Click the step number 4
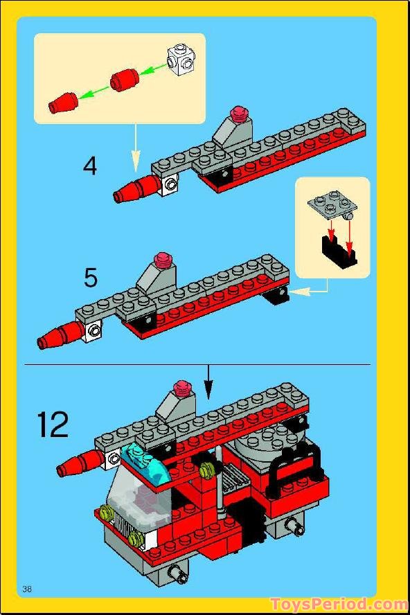tap(90, 166)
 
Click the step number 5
tap(90, 277)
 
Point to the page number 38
tap(28, 589)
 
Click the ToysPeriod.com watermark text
tap(339, 604)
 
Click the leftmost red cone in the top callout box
tap(62, 102)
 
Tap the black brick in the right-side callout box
tap(338, 251)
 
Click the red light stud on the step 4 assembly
tap(240, 112)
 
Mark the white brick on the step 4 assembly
tap(170, 183)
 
